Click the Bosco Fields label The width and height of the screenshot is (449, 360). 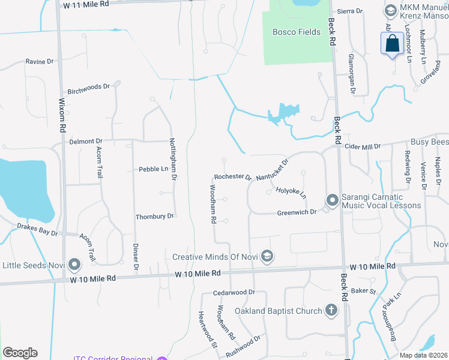297,32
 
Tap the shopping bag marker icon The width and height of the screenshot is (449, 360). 391,44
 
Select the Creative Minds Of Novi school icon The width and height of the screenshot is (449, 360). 267,257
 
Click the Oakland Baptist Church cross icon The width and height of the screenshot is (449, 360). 331,310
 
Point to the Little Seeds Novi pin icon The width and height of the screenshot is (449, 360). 74,264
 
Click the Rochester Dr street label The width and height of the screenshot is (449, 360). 232,177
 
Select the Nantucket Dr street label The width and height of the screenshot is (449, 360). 273,170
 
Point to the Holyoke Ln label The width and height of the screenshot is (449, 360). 291,193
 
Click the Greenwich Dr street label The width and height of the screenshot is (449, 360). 297,212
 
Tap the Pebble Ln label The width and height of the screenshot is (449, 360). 153,169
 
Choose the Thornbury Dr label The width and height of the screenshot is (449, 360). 154,216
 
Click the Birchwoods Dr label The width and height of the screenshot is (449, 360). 88,86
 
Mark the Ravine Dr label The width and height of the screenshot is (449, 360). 40,61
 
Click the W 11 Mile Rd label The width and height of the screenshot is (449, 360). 87,4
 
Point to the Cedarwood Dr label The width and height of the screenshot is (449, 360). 234,293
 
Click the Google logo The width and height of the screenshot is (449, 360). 20,353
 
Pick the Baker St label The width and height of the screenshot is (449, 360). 363,291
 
